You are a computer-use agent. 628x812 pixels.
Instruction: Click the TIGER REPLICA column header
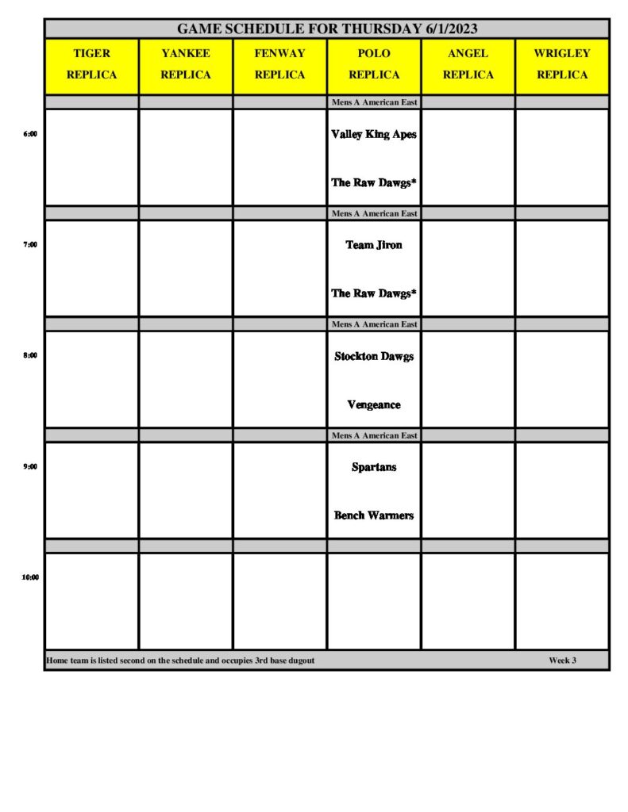tap(91, 64)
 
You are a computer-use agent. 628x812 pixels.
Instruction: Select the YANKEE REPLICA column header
tap(186, 64)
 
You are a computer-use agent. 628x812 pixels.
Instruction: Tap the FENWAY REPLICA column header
tap(279, 64)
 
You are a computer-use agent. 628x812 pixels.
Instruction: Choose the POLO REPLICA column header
tap(374, 64)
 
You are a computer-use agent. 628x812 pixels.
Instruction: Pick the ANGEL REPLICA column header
tap(468, 64)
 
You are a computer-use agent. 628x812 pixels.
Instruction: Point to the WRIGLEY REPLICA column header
tap(562, 64)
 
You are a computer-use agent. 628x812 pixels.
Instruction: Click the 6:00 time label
tap(30, 134)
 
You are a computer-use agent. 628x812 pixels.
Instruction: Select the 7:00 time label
tap(30, 245)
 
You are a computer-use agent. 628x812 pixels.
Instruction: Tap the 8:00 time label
tap(30, 356)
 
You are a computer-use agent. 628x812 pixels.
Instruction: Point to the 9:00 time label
tap(30, 467)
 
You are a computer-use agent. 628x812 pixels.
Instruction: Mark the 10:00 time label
tap(30, 577)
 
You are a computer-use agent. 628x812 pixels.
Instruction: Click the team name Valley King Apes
tap(374, 135)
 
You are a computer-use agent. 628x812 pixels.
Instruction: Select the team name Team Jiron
tap(374, 245)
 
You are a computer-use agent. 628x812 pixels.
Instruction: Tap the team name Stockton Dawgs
tap(374, 357)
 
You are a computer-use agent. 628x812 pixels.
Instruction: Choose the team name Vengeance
tap(374, 405)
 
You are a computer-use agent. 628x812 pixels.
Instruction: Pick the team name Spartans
tap(374, 468)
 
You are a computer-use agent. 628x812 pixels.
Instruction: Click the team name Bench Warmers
tap(374, 515)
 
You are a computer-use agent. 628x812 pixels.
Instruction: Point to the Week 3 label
tap(562, 661)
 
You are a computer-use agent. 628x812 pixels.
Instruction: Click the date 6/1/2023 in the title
tap(449, 29)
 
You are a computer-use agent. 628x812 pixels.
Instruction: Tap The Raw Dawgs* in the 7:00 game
tap(374, 293)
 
